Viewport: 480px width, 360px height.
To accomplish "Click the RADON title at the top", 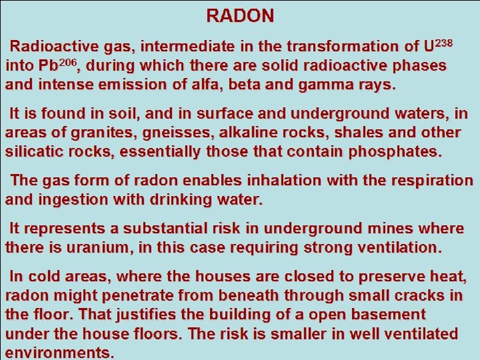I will [239, 15].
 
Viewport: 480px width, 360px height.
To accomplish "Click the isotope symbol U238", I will [438, 46].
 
